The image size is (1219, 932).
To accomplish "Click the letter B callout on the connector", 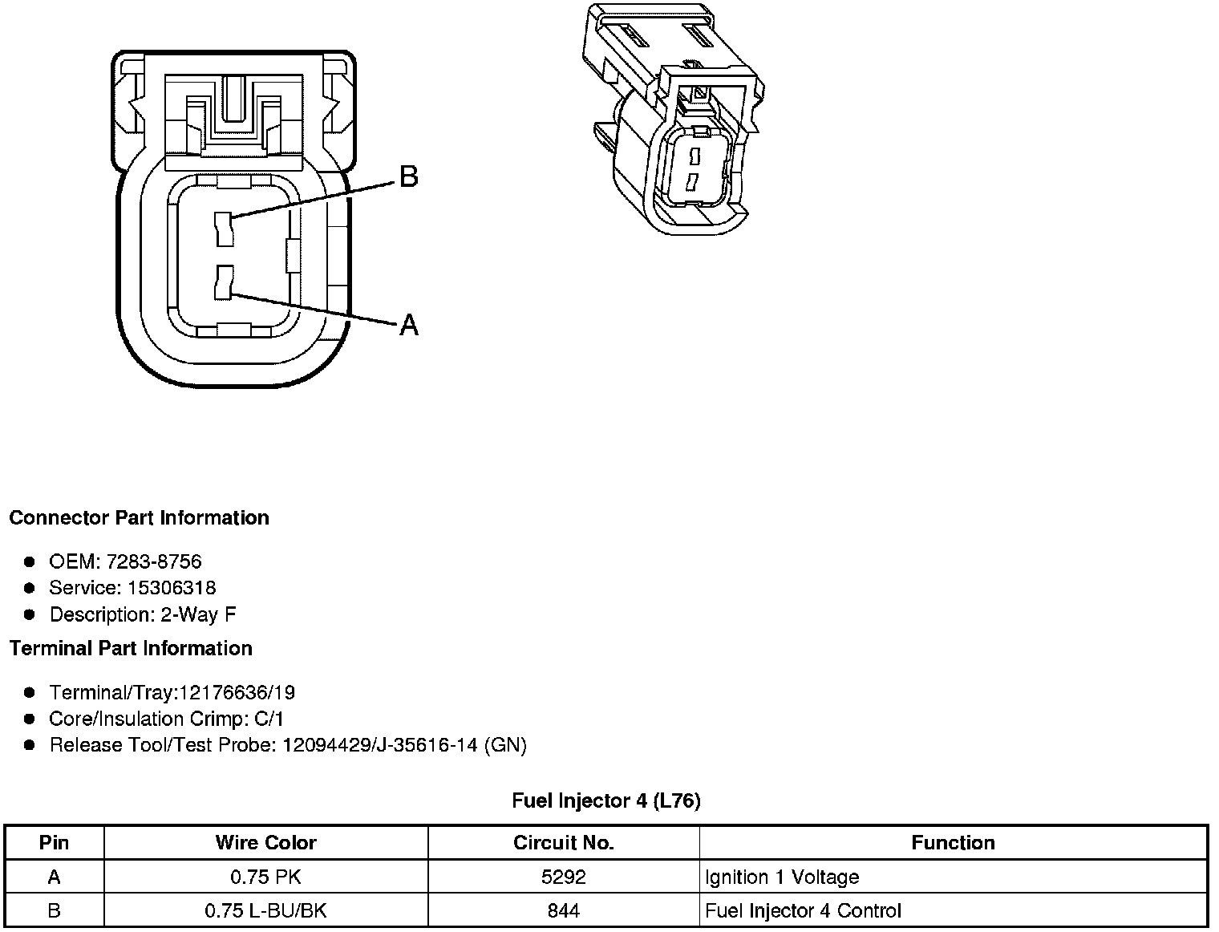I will coord(408,176).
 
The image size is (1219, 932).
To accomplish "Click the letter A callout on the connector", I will coord(409,325).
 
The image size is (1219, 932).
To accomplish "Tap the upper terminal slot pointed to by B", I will coord(224,229).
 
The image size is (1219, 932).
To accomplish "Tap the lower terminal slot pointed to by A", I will coord(224,282).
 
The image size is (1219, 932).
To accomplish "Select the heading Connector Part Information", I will coord(139,518).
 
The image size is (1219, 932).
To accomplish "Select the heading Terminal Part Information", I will coord(131,649).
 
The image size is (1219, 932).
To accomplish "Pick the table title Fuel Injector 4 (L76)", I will coord(606,801).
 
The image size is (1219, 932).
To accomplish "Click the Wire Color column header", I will coord(265,843).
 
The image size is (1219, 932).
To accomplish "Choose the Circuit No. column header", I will coord(563,843).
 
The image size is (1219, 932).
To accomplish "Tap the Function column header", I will coord(953,843).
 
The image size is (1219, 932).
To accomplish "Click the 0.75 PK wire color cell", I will coord(265,877).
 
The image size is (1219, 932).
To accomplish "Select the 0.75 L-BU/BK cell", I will coord(265,911).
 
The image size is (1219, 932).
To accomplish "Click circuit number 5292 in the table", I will coord(563,877).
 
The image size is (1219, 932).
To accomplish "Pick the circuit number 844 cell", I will coord(563,911).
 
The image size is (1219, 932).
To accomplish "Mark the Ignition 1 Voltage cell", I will coord(782,877).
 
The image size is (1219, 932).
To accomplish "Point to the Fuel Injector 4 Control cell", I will coord(803,911).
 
